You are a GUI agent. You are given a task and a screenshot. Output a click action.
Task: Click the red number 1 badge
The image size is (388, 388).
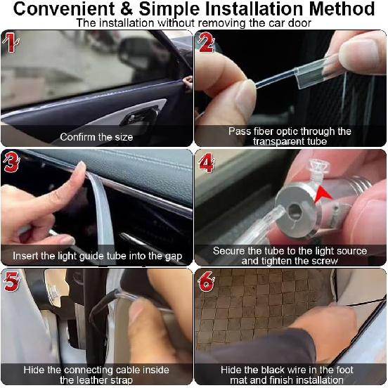tap(11, 43)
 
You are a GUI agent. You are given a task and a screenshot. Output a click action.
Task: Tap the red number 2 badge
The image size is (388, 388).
tap(206, 42)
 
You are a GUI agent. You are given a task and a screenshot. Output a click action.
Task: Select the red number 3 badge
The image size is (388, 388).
tap(11, 162)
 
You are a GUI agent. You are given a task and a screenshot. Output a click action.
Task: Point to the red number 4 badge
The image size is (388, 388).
tap(206, 162)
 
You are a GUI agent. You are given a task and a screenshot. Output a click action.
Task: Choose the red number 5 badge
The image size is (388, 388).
tap(11, 281)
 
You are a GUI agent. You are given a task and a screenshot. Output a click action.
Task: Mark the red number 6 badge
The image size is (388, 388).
tap(206, 282)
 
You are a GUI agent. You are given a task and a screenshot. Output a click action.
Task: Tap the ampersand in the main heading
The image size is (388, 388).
tap(127, 9)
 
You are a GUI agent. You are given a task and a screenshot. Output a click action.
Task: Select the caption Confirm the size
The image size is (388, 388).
tap(96, 137)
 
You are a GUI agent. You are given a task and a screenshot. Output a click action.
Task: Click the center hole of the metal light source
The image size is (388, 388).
tap(295, 211)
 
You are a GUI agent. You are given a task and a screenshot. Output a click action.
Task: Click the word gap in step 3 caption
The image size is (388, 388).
tap(174, 257)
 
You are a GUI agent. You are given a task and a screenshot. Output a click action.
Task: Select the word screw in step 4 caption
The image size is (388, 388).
tap(325, 261)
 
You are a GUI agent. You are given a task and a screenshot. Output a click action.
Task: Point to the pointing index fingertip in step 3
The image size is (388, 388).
tap(80, 165)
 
